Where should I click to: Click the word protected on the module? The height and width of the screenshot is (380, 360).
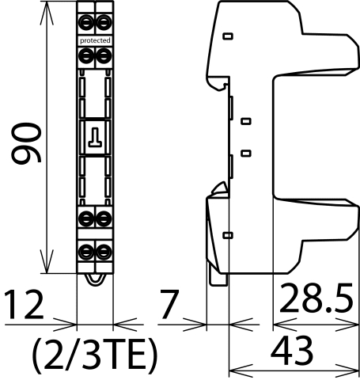[95, 40]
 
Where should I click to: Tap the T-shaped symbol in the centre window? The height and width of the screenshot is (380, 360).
[95, 137]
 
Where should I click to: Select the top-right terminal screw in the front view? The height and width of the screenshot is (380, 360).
[103, 17]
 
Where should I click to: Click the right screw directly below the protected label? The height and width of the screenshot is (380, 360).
[103, 55]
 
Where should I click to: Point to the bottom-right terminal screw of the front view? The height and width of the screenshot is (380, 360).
[103, 252]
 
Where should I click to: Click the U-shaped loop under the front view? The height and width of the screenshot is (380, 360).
[94, 275]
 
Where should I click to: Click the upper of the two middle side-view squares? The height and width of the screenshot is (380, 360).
[244, 121]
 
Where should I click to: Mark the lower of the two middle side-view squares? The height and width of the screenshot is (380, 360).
[244, 152]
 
